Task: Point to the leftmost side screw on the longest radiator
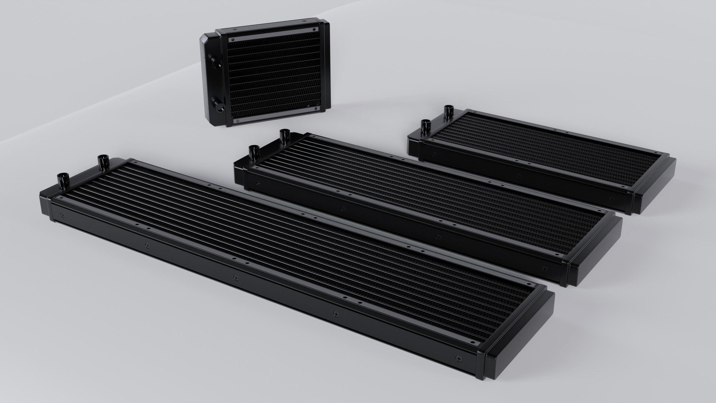pyautogui.click(x=62, y=214)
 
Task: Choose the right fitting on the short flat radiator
pyautogui.click(x=448, y=112)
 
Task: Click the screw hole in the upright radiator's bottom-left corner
pyautogui.click(x=238, y=121)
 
